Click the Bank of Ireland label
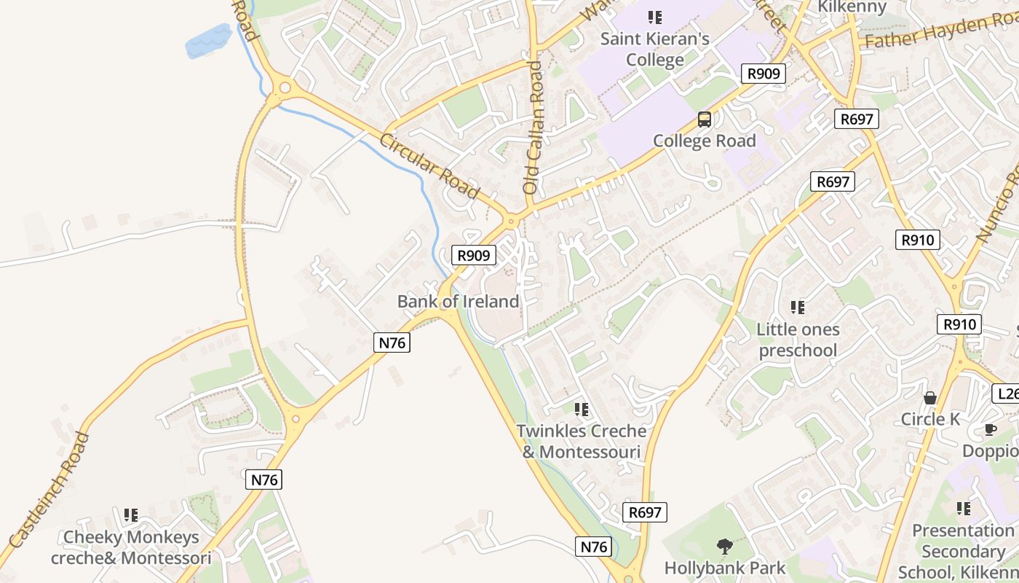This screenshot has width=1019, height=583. point(458,301)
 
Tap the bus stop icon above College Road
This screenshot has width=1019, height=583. point(704,120)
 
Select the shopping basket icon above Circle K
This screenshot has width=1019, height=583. point(929,398)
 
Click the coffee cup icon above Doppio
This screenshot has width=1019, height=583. point(990,429)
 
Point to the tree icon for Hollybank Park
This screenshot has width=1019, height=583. point(724,546)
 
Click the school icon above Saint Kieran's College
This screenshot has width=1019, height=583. point(654,17)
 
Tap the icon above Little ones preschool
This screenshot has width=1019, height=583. point(798,308)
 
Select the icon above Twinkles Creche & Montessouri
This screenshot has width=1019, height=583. point(581,410)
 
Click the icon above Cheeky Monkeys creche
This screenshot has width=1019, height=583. point(131,515)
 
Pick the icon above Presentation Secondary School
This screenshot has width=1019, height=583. point(963,508)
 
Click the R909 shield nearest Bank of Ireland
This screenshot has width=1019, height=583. point(474,255)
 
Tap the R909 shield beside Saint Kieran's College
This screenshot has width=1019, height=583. point(763,73)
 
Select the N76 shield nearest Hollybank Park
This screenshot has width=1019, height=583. point(595,547)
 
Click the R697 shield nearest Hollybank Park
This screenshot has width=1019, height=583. point(645,512)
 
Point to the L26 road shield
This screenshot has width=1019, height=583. point(1005,394)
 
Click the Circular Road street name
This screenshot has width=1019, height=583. point(429,165)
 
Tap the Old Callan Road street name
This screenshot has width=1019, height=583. point(534,128)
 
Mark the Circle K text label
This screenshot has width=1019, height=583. point(930,419)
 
